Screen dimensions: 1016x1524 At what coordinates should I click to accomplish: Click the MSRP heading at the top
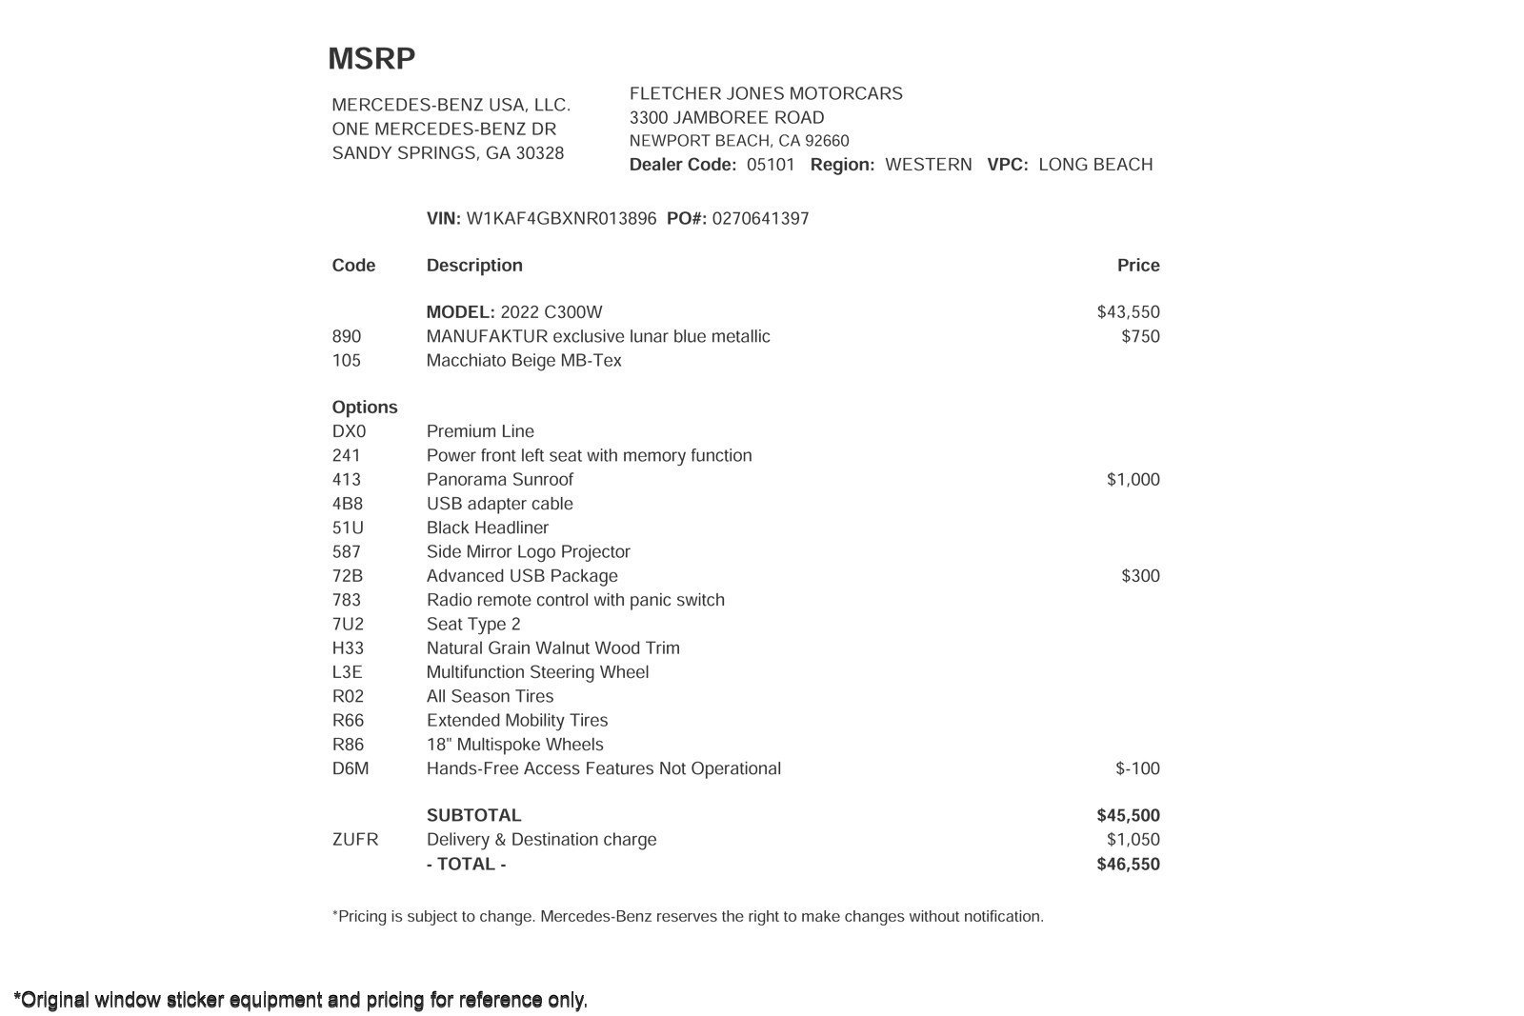click(x=371, y=59)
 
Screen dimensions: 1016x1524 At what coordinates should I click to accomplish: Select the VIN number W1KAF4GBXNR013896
click(x=561, y=219)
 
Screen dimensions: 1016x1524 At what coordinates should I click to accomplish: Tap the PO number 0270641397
click(x=760, y=219)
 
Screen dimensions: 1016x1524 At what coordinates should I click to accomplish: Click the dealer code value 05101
click(x=771, y=165)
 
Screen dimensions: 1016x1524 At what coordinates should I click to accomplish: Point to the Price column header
click(x=1138, y=266)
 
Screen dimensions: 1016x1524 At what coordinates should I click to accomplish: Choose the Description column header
click(x=474, y=266)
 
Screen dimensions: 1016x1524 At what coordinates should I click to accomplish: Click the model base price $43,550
click(x=1128, y=312)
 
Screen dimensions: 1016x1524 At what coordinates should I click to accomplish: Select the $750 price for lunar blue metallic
click(x=1140, y=336)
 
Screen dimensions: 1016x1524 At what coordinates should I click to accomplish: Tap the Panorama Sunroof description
click(x=499, y=480)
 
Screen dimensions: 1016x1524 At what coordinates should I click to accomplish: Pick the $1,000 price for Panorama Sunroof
click(x=1133, y=480)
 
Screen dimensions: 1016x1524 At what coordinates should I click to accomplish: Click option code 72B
click(x=347, y=576)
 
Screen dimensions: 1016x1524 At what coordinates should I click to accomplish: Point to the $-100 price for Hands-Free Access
click(x=1137, y=768)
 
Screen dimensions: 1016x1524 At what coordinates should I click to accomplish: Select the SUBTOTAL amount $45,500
click(x=1128, y=816)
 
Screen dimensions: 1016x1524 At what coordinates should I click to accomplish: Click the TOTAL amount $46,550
click(x=1128, y=865)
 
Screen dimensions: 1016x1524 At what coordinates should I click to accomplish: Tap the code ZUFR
click(x=354, y=840)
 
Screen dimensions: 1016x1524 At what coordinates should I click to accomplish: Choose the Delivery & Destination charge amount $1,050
click(x=1133, y=840)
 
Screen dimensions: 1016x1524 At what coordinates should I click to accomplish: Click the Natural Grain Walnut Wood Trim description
click(x=552, y=648)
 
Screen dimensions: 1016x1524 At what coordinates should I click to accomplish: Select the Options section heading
click(x=365, y=408)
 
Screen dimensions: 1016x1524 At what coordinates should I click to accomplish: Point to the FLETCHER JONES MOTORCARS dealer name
click(x=766, y=93)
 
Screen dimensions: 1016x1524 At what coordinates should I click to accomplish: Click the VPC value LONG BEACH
click(x=1095, y=165)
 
